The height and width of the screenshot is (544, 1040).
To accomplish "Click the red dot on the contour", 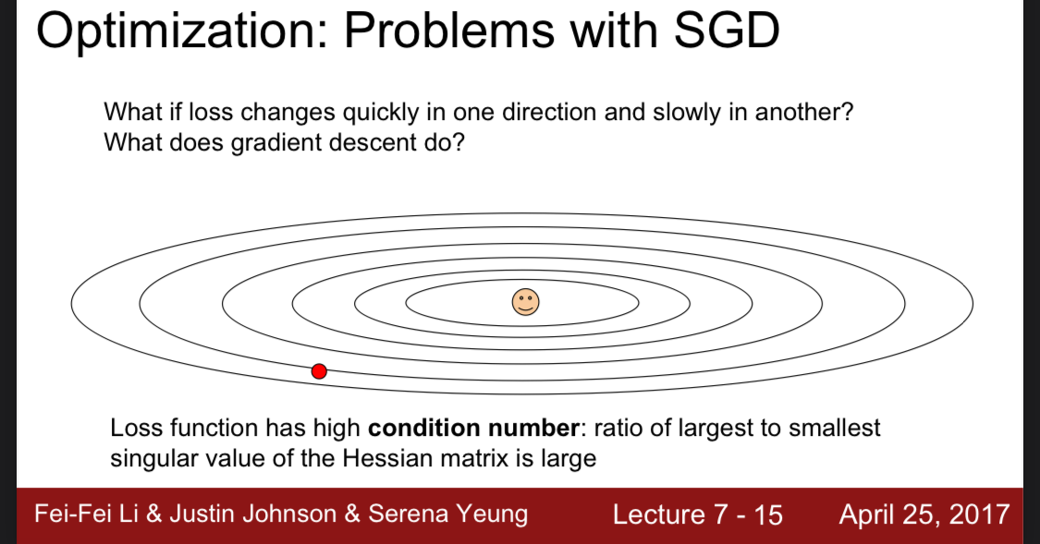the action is coord(319,371).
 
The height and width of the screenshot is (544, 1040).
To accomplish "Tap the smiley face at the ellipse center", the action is coord(525,302).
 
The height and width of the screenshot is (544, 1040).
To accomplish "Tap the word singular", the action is coord(154,459).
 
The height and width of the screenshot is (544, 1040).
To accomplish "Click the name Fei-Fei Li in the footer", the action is coord(86,514).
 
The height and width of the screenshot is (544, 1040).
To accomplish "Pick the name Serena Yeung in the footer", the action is coord(448,514).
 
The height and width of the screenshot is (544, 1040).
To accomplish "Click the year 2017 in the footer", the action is coord(979,514).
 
